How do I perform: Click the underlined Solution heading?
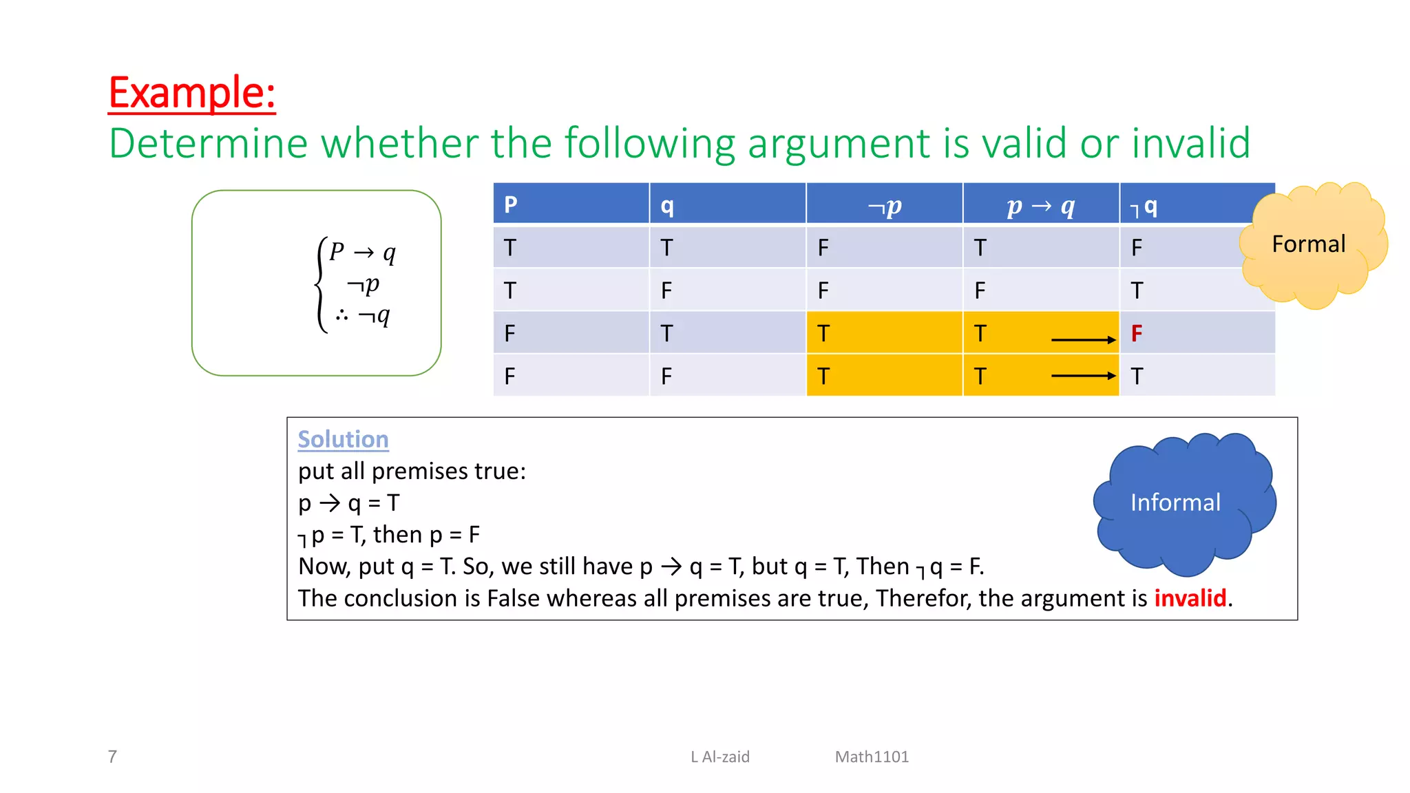pyautogui.click(x=343, y=439)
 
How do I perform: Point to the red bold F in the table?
pyautogui.click(x=1137, y=334)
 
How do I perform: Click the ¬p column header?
pyautogui.click(x=884, y=205)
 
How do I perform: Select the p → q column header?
pyautogui.click(x=1040, y=205)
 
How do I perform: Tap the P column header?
pyautogui.click(x=511, y=205)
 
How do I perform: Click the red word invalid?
pyautogui.click(x=1190, y=598)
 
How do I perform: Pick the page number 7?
pyautogui.click(x=112, y=757)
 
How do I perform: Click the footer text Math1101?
pyautogui.click(x=872, y=757)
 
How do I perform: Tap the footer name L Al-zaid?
pyautogui.click(x=720, y=757)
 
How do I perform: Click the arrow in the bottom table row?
pyautogui.click(x=1083, y=376)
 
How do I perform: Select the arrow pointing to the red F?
pyautogui.click(x=1083, y=339)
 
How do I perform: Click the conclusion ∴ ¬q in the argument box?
pyautogui.click(x=363, y=316)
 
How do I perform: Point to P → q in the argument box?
pyautogui.click(x=362, y=253)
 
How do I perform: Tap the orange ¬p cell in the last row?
pyautogui.click(x=884, y=376)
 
